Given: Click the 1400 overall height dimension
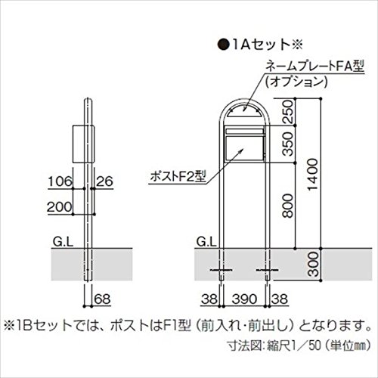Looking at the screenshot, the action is click(313, 175).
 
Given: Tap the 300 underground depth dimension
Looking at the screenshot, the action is click(313, 264).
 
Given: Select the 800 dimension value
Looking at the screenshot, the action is click(287, 206).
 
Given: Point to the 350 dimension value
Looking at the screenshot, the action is click(287, 144).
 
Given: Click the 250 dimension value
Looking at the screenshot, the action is click(287, 111).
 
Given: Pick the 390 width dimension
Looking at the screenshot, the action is click(244, 299).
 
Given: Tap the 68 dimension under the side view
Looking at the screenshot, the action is click(102, 299).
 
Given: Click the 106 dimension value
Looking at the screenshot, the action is click(60, 181).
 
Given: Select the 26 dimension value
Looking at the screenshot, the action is click(104, 181).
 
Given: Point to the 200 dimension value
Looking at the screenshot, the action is click(60, 207).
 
